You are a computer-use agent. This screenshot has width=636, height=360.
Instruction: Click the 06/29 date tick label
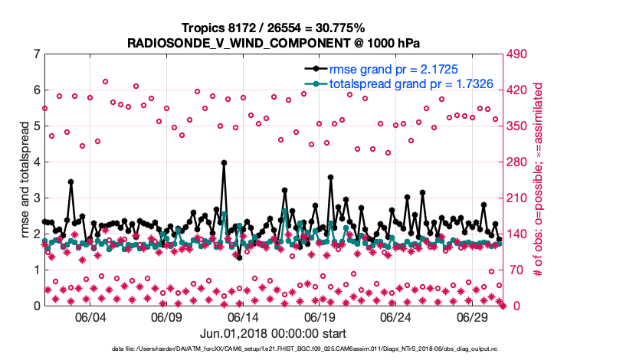(x=474, y=317)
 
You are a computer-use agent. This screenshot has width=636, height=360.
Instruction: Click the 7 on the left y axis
(x=35, y=54)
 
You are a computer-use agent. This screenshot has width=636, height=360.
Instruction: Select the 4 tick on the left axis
(x=35, y=162)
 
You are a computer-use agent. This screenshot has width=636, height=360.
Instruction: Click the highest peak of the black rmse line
(x=224, y=162)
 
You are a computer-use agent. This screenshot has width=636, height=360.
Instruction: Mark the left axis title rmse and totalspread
(x=24, y=180)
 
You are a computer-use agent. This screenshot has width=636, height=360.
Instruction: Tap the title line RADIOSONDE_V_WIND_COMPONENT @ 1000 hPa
(x=273, y=43)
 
